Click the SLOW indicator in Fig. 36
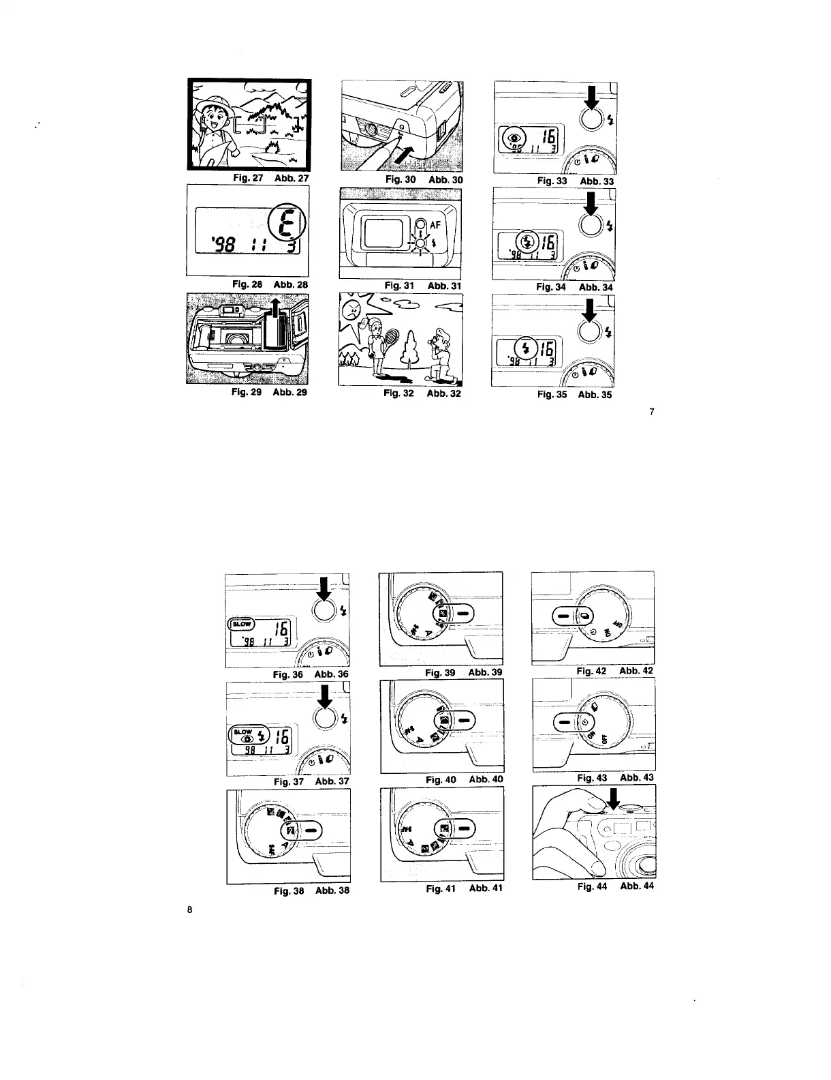point(242,623)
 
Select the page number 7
point(652,411)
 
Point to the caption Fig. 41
point(440,888)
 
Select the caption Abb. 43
point(637,777)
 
